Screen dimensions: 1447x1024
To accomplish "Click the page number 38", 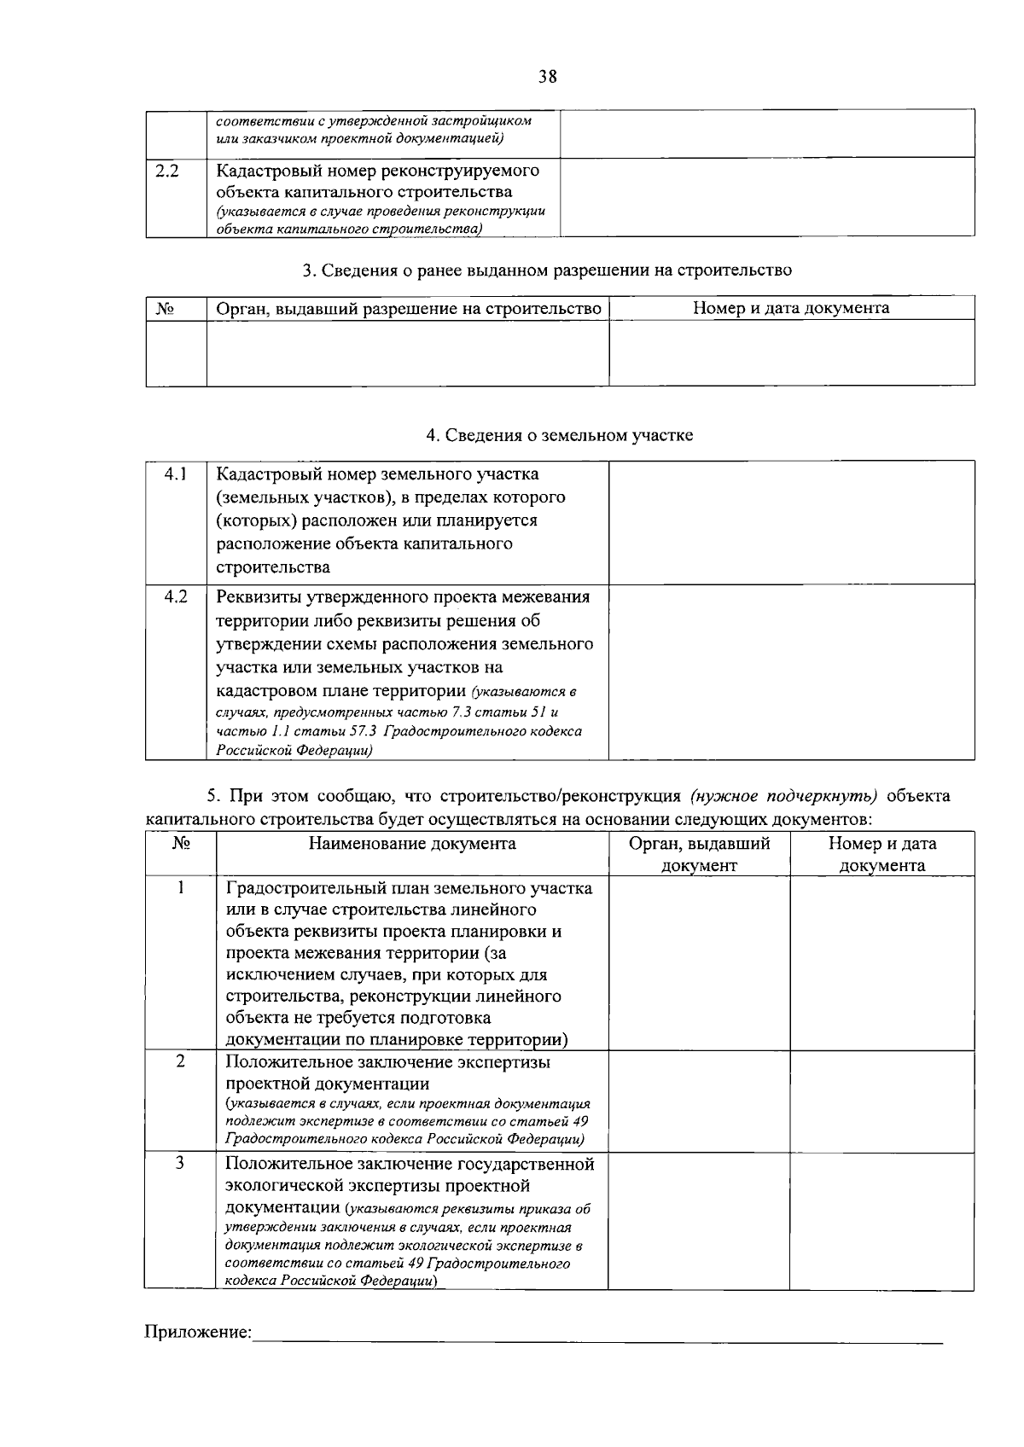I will [x=547, y=77].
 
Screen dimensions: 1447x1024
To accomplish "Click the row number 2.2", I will [x=167, y=171].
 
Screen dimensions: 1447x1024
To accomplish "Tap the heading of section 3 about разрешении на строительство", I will [x=547, y=270].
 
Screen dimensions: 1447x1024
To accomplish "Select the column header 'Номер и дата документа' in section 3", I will [x=791, y=308].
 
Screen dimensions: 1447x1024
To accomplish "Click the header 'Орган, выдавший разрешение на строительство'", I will [x=408, y=308].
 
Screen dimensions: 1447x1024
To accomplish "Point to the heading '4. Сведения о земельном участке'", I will [x=559, y=436].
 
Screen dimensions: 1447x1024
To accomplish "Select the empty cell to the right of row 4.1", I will [x=791, y=522].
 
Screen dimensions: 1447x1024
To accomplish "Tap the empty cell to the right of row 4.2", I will [x=791, y=671].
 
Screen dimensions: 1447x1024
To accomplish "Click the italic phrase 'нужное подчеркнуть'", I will [x=784, y=797].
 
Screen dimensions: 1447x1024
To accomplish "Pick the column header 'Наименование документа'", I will [x=412, y=844].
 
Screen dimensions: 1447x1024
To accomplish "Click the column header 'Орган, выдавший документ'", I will [x=699, y=854].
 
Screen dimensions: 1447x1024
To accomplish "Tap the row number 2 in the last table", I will [x=180, y=1061].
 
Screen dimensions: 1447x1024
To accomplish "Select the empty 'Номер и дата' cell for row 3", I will [x=881, y=1221].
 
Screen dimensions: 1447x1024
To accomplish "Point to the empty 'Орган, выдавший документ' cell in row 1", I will [x=699, y=963].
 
